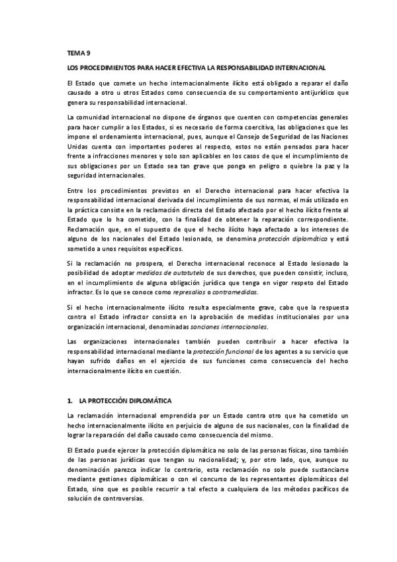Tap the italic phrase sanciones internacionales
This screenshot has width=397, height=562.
(x=228, y=327)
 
